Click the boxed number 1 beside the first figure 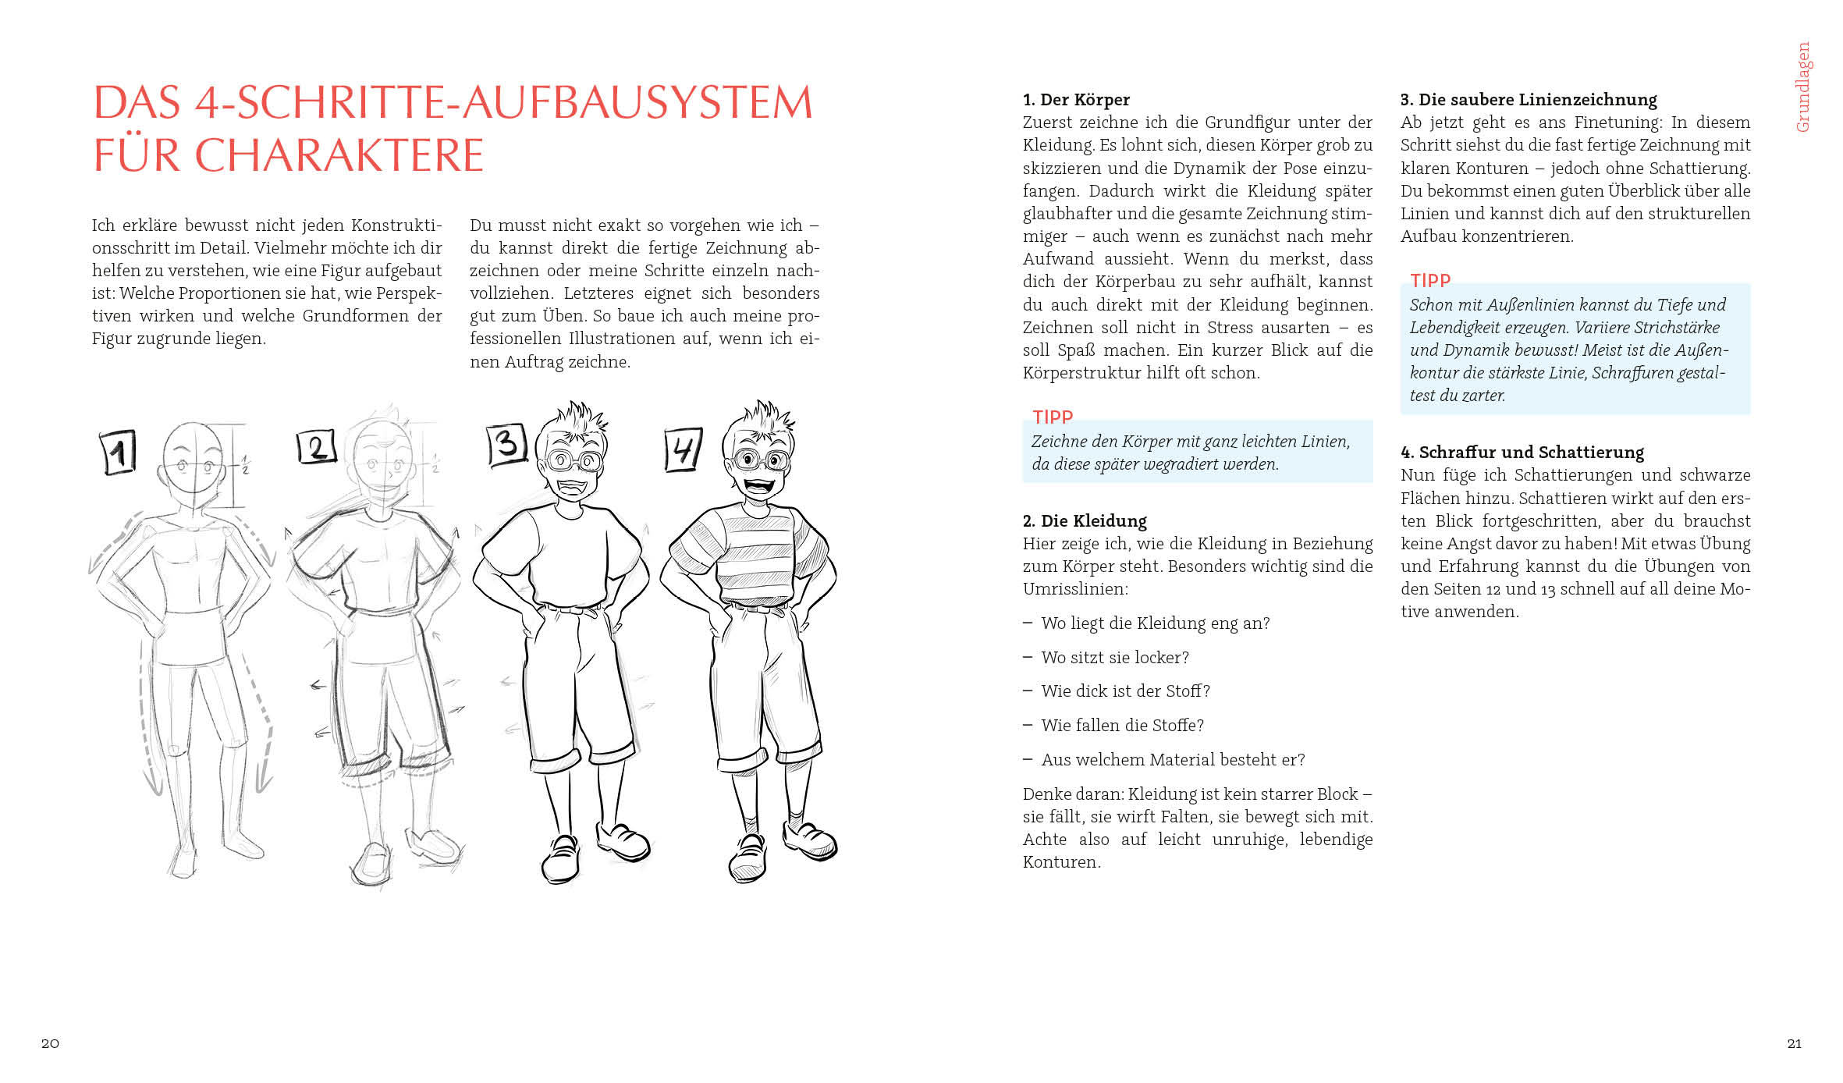[x=119, y=452]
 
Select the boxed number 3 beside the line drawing [x=506, y=445]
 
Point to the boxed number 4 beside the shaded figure [x=683, y=449]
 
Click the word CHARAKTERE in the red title [x=339, y=154]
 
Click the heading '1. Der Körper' [x=1076, y=99]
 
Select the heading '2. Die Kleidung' [x=1085, y=520]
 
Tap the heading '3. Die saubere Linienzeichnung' [x=1528, y=99]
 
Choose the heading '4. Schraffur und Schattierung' [x=1522, y=452]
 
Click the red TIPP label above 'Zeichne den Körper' [x=1052, y=417]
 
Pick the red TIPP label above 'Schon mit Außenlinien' [x=1429, y=280]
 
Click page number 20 [x=50, y=1043]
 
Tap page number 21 [x=1794, y=1043]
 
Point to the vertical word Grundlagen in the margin [x=1802, y=87]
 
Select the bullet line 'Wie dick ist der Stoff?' [x=1124, y=691]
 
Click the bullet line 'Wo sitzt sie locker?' [x=1114, y=657]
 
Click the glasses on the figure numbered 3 [x=573, y=460]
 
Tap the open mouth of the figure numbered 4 [x=758, y=485]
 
